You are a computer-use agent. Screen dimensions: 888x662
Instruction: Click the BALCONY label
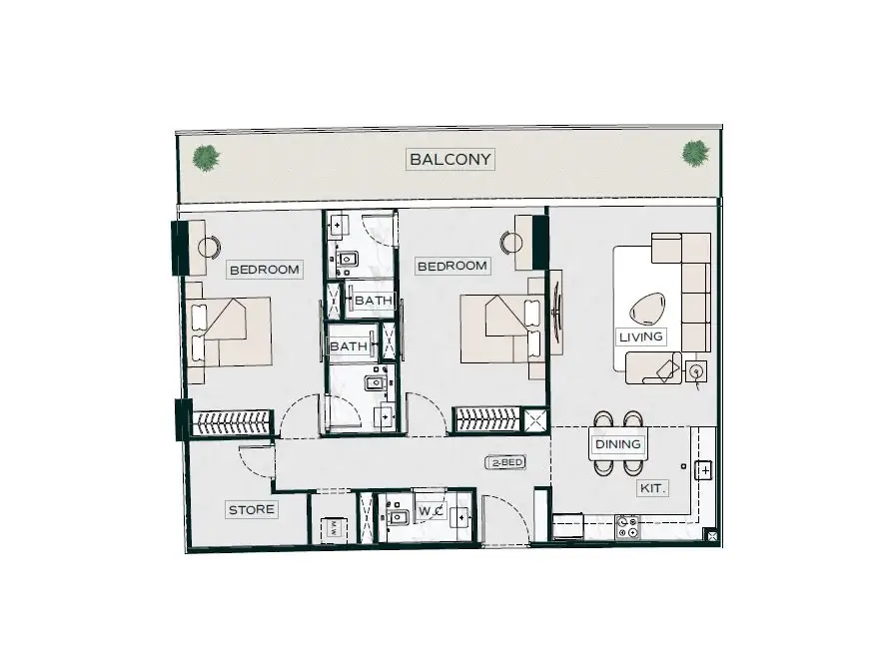click(x=450, y=159)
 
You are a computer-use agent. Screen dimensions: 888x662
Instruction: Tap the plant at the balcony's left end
click(x=206, y=158)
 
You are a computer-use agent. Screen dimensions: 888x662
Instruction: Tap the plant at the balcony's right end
click(x=695, y=154)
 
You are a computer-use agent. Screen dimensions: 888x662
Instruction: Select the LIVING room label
click(x=640, y=336)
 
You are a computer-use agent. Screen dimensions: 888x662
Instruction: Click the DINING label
click(x=618, y=444)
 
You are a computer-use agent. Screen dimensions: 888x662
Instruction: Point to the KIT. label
click(x=652, y=487)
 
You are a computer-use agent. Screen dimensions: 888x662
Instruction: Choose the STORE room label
click(x=252, y=509)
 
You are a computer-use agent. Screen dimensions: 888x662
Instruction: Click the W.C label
click(x=431, y=512)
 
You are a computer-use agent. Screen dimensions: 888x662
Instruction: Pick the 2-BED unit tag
click(x=505, y=462)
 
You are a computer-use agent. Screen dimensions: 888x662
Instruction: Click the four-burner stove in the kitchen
click(x=627, y=527)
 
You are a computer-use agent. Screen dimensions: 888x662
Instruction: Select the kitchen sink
click(x=703, y=470)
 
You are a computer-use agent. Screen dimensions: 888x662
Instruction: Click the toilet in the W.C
click(x=398, y=516)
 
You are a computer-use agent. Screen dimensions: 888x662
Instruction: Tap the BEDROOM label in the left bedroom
click(x=265, y=270)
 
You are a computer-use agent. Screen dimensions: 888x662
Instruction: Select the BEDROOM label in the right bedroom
click(x=451, y=266)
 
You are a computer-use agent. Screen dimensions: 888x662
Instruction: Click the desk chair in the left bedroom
click(x=210, y=246)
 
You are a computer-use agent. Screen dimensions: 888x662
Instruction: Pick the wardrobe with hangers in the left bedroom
click(x=230, y=422)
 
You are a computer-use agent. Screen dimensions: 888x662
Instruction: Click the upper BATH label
click(x=374, y=301)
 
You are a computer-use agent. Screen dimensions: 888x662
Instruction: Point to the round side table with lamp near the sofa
click(x=696, y=371)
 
